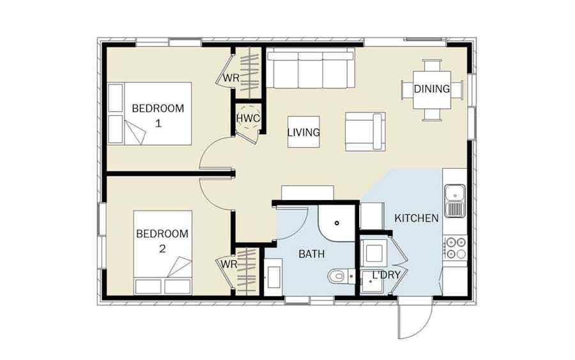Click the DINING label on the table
coord(432,88)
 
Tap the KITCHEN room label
coord(416,218)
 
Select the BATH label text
coord(311,254)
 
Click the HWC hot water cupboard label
coord(248,118)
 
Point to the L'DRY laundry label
coord(386,275)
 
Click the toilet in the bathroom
coord(341,276)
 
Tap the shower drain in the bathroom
coord(337,223)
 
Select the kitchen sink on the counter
coord(455,201)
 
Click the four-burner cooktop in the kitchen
coord(455,248)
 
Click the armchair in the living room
coord(365,132)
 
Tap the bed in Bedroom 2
coord(162,253)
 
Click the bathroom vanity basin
coord(273,277)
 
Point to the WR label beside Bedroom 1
coord(231,78)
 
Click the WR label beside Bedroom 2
coord(229,264)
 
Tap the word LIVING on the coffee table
coord(303,132)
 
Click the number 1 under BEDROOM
coord(158,123)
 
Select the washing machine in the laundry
coord(374,253)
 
